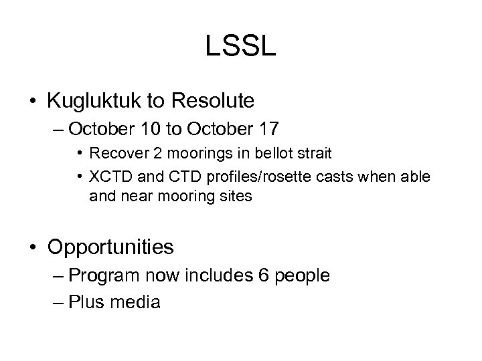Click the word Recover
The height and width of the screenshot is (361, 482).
[114, 153]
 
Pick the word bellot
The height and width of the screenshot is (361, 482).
[264, 153]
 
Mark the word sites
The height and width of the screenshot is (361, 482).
[236, 197]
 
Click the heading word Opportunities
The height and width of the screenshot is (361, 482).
[110, 247]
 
